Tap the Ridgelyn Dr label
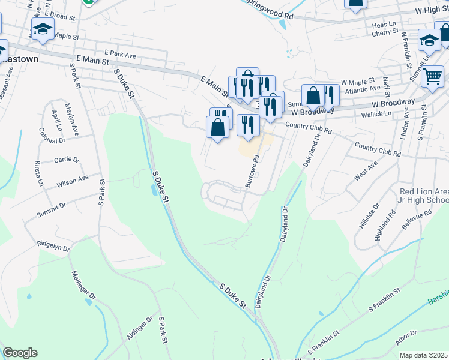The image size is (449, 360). tap(53, 245)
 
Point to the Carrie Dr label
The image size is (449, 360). tap(67, 160)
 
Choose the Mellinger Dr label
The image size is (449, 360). tap(84, 286)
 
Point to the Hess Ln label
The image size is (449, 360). tap(384, 25)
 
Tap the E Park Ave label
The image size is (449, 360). tap(120, 55)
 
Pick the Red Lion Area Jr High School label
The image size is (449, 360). tap(424, 196)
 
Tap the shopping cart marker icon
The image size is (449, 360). tap(432, 76)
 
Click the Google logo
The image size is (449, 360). tap(19, 353)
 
